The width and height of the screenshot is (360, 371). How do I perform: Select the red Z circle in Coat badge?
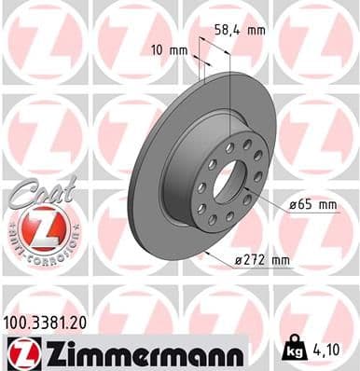coord(39,227)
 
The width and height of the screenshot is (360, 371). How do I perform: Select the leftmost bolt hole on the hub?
coord(201,186)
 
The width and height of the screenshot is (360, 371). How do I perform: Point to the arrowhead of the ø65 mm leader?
coord(247,191)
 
